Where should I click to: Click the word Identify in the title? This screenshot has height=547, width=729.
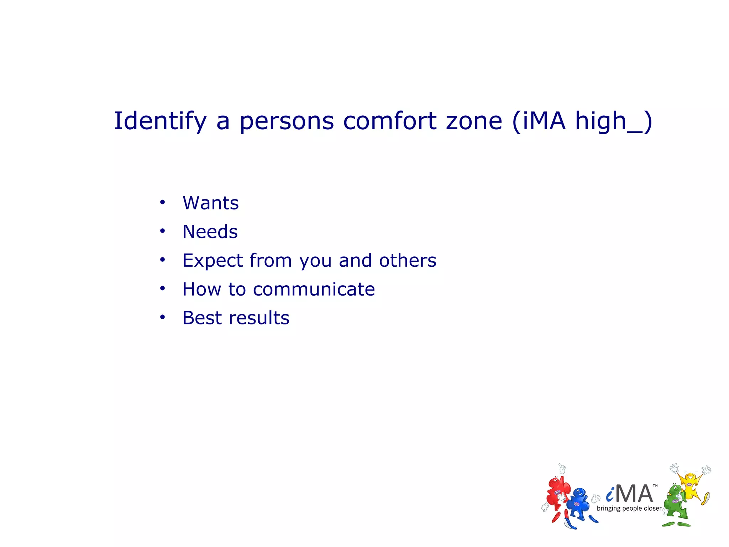(160, 121)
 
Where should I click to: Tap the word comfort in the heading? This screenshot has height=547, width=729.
(389, 121)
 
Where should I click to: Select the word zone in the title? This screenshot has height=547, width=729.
(474, 121)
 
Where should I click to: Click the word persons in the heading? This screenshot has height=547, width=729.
(287, 121)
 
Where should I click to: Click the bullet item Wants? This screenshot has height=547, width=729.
(210, 203)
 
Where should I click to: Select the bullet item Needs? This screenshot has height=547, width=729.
(210, 232)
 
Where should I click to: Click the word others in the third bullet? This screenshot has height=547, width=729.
(408, 261)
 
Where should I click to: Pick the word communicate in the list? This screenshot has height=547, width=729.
(314, 289)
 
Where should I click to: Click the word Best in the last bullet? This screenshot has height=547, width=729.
(203, 318)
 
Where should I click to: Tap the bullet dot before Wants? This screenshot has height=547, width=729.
(163, 202)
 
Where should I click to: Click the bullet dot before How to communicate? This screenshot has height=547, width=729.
(163, 288)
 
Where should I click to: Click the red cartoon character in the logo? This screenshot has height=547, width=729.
(557, 493)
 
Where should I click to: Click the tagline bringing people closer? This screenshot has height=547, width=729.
(629, 509)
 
